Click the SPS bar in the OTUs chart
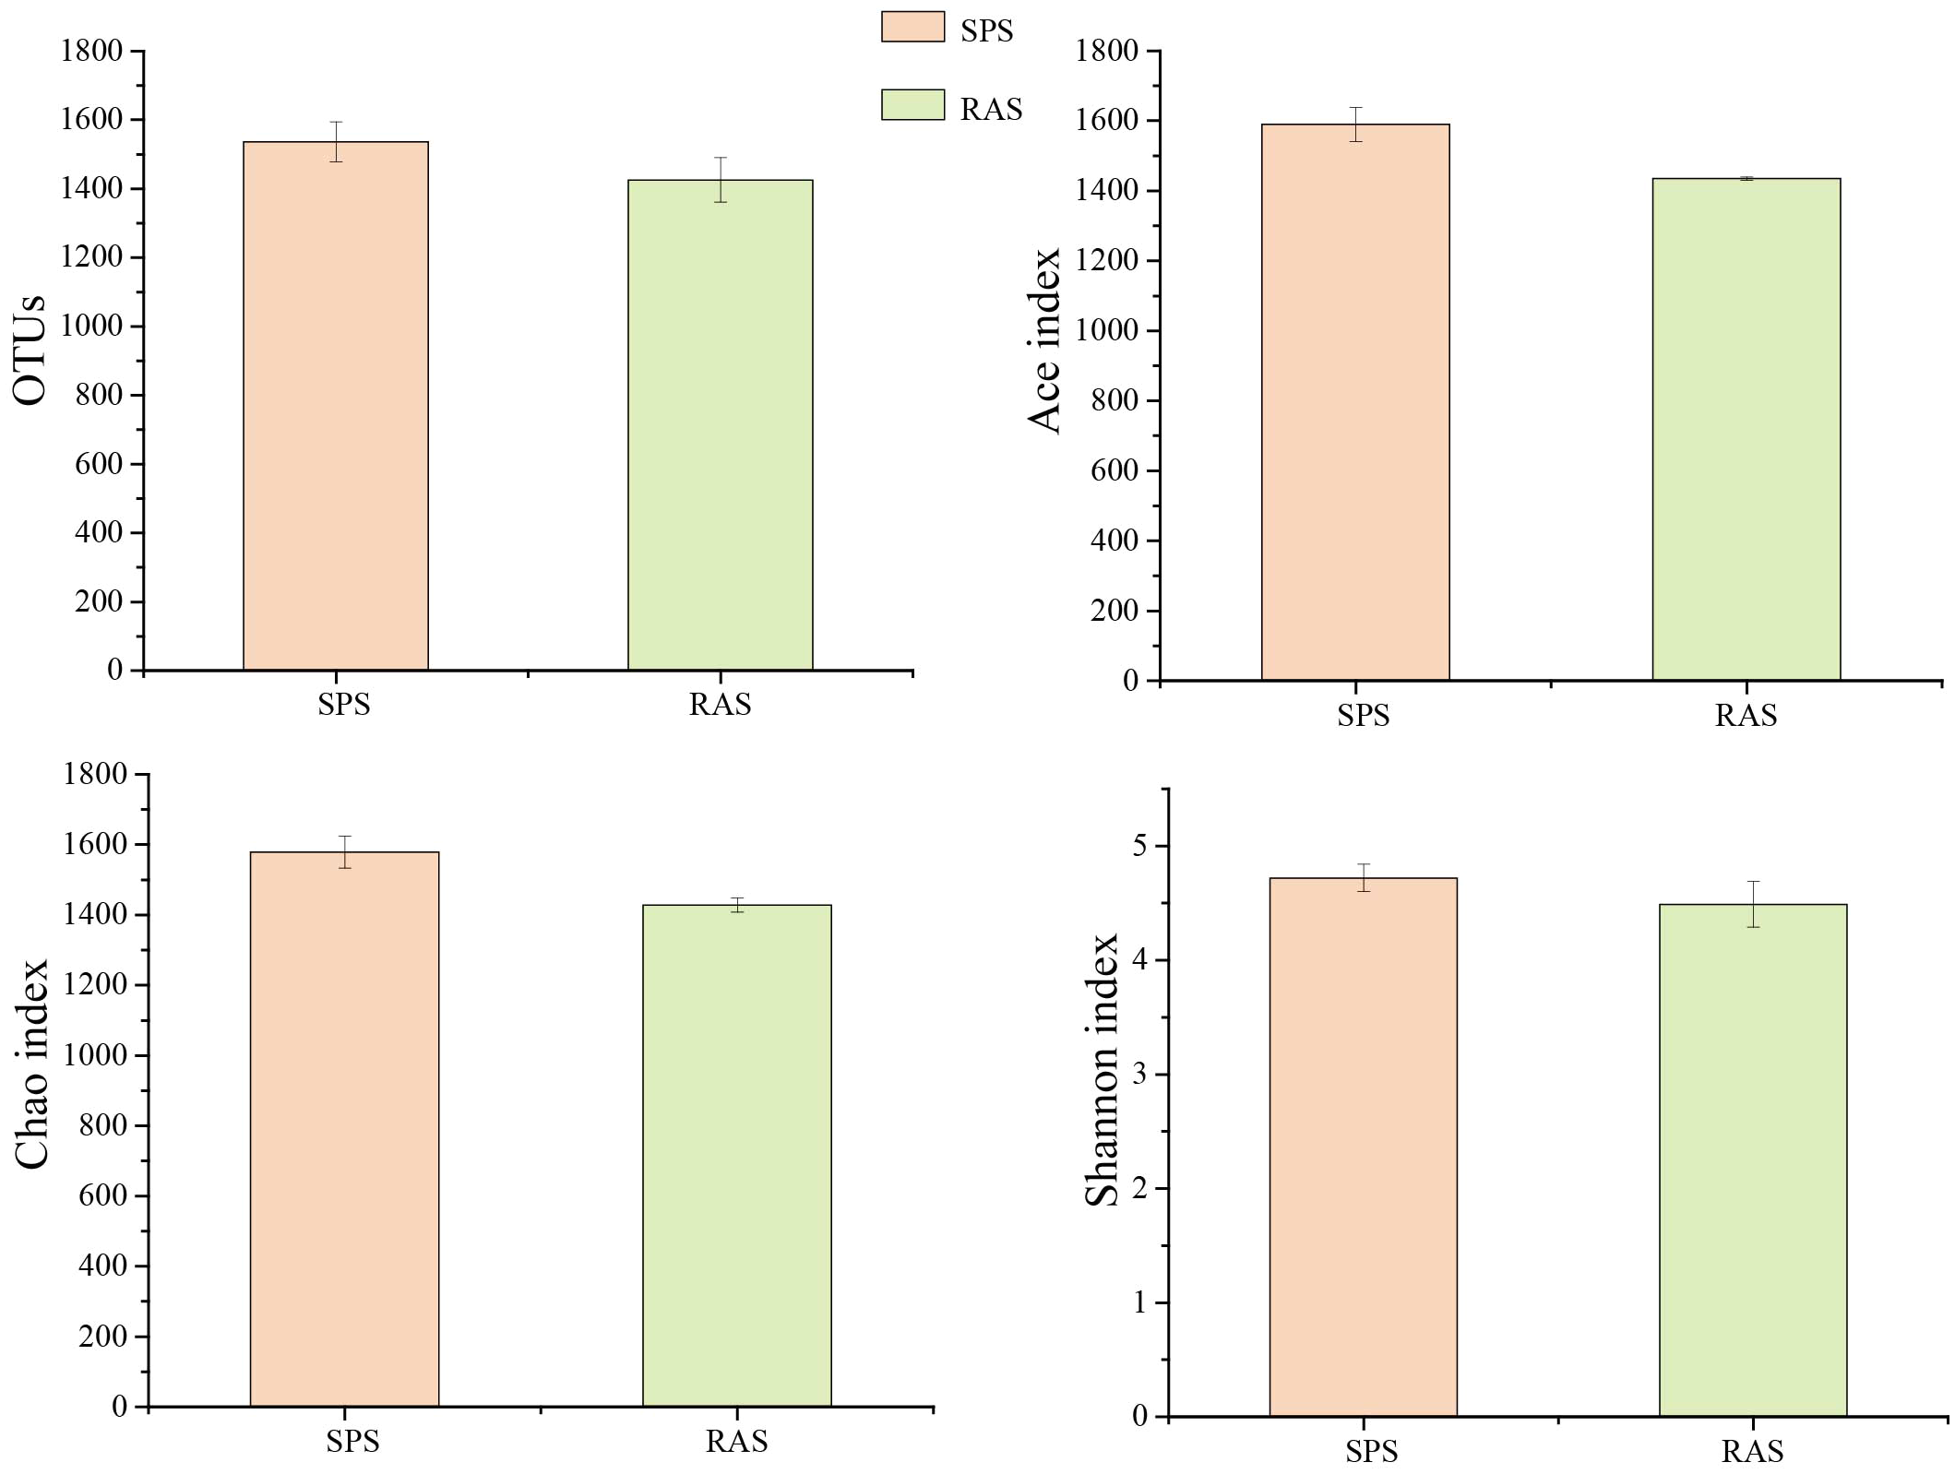[335, 406]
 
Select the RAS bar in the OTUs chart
[720, 424]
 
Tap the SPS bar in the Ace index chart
[1355, 402]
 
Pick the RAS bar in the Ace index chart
[1746, 429]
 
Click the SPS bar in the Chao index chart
[344, 1129]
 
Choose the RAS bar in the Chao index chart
[736, 1155]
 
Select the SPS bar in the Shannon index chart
[1363, 1147]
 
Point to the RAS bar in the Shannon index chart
[1752, 1159]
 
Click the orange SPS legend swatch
[912, 27]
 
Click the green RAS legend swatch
[912, 105]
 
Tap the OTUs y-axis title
[30, 351]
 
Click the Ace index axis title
[1044, 341]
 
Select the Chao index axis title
[31, 1064]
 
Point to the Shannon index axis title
[1102, 1070]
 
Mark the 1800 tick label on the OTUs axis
[91, 51]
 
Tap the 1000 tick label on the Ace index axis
[1106, 330]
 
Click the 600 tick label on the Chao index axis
[102, 1195]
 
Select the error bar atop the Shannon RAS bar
[1752, 903]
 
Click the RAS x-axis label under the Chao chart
[736, 1441]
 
